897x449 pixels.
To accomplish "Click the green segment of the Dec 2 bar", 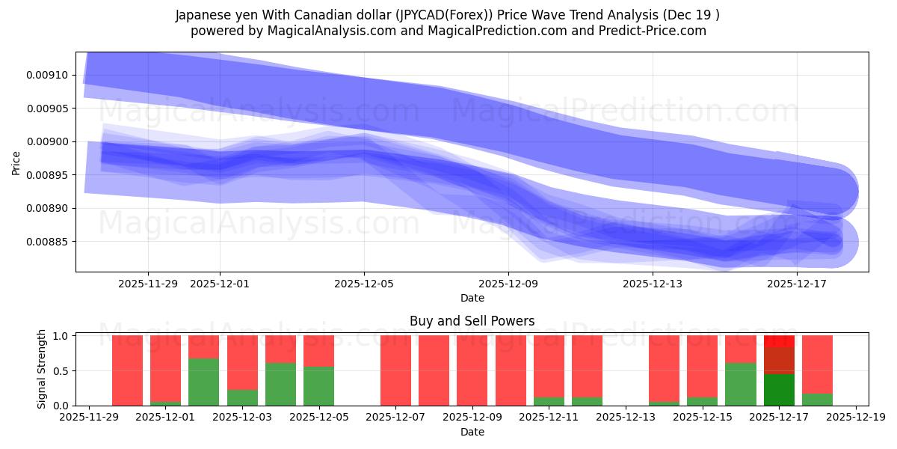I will [x=204, y=382].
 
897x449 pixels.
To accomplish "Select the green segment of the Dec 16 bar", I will [x=740, y=384].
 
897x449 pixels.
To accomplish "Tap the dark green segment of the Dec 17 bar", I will [x=779, y=389].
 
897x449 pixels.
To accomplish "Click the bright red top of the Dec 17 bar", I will [x=779, y=341].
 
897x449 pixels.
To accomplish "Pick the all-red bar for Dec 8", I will [x=434, y=370].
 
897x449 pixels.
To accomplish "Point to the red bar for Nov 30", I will [x=127, y=370].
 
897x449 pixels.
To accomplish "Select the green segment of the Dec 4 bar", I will [x=280, y=384].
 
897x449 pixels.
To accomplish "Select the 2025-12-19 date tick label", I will [x=855, y=418].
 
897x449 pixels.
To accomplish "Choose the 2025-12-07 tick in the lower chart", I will [x=395, y=418].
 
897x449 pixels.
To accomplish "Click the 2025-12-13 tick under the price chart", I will [x=653, y=284].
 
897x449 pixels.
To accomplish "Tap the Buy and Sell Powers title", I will [x=472, y=321].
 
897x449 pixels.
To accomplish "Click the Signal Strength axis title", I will [x=42, y=369].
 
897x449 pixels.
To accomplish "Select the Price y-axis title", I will [x=16, y=162].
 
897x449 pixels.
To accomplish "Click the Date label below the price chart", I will [x=472, y=298].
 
